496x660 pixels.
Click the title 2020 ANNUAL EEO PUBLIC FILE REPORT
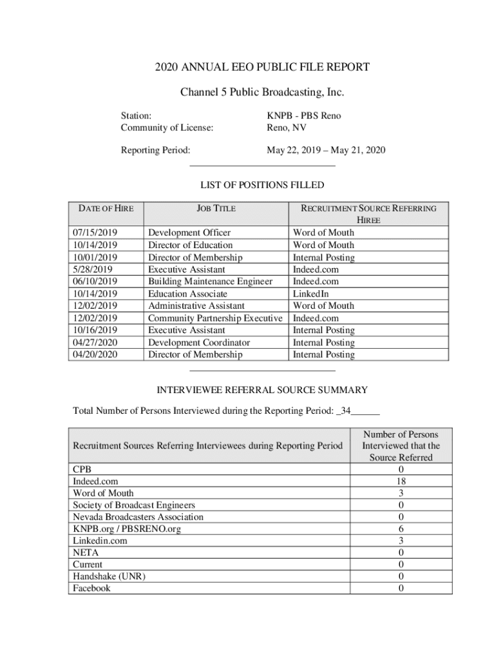click(x=262, y=67)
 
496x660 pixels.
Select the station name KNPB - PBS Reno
click(x=304, y=116)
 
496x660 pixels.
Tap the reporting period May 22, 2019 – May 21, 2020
click(x=326, y=151)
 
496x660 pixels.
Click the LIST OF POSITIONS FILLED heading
click(x=262, y=186)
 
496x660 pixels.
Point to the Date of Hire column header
click(x=106, y=209)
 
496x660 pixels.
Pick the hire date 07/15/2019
click(x=95, y=233)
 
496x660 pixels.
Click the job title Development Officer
click(x=189, y=233)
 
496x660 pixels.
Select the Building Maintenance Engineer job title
click(x=210, y=282)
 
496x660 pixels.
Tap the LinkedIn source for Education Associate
click(x=311, y=294)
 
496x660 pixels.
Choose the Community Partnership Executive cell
click(x=216, y=318)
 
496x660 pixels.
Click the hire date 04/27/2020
click(x=95, y=343)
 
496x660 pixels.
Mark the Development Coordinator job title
click(x=199, y=343)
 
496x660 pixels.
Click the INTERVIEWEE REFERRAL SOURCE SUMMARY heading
click(x=263, y=390)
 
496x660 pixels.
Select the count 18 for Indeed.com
click(x=401, y=481)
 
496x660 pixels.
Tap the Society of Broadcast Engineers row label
click(x=134, y=505)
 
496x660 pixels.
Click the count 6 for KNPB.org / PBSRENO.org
click(x=401, y=529)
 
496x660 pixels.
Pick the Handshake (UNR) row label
click(x=109, y=577)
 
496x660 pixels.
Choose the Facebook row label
click(x=91, y=588)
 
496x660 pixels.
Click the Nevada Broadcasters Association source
click(x=138, y=517)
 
